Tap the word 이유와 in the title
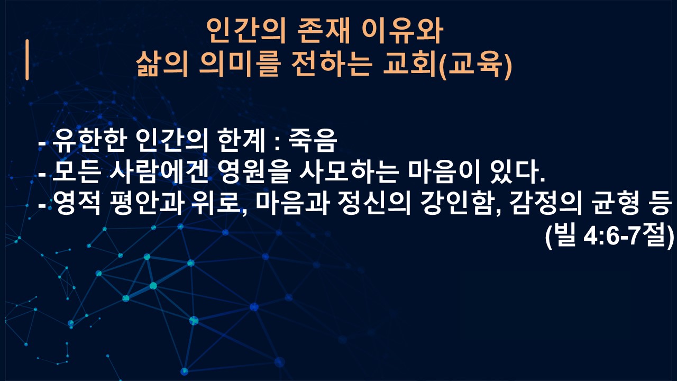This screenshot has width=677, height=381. (x=402, y=31)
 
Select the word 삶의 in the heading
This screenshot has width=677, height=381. (x=162, y=64)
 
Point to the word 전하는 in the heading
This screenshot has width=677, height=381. (x=332, y=64)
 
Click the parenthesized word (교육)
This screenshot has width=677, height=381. (x=475, y=65)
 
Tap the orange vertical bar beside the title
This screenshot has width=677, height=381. (x=27, y=60)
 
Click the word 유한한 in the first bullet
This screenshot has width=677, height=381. (x=89, y=141)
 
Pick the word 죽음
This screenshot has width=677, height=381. (x=313, y=141)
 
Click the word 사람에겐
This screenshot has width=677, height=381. (x=159, y=172)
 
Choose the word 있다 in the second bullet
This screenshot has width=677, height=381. (x=513, y=172)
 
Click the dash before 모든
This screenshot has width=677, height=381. (x=42, y=175)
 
